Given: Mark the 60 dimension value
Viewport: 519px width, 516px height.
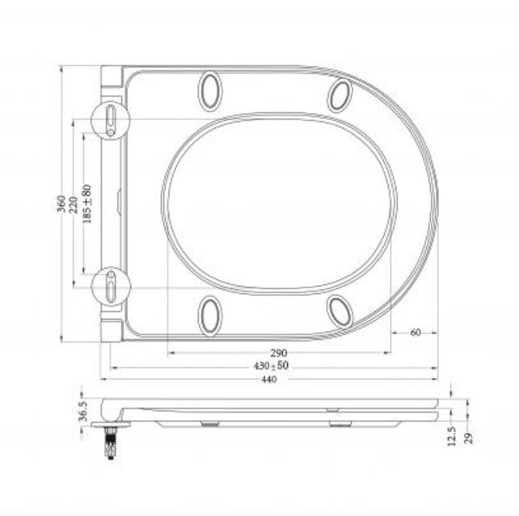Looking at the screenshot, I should (416, 332).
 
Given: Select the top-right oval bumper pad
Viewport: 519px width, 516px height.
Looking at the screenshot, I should (340, 95).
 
